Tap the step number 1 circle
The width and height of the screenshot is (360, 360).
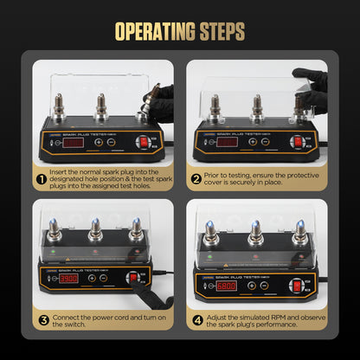pos(41,180)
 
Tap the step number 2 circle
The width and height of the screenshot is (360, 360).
pos(198,179)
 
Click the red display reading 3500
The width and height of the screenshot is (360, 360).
pos(69,279)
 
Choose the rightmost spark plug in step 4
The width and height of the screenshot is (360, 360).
pos(299,234)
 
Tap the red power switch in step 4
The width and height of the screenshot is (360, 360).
pos(296,284)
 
